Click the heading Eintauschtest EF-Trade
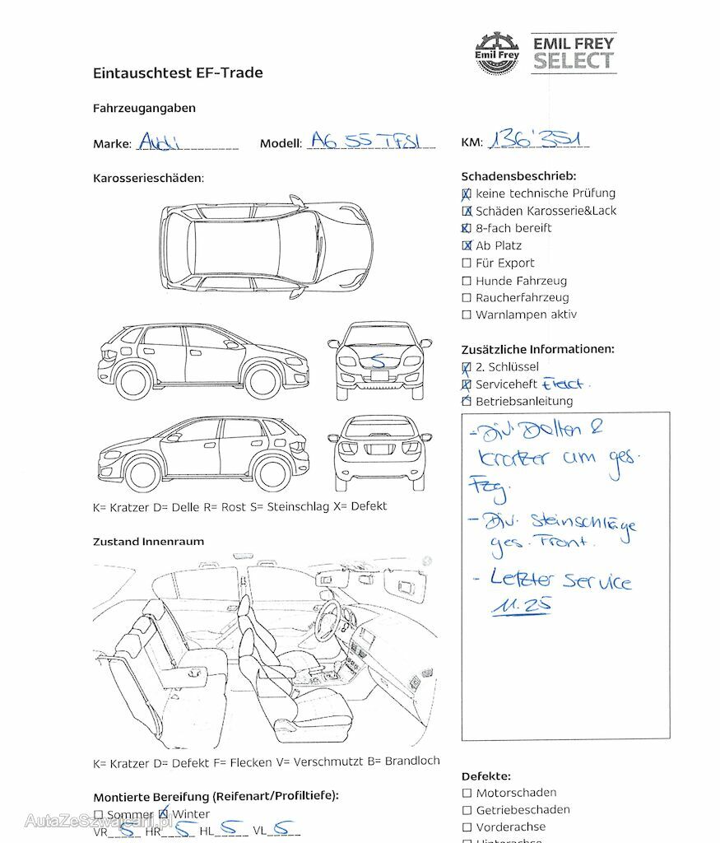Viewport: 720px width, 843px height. point(178,72)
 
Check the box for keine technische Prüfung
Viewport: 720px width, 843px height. point(467,194)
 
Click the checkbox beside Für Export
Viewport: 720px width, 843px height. point(467,263)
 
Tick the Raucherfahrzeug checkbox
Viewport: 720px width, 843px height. point(467,298)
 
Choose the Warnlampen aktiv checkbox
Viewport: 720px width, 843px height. point(467,315)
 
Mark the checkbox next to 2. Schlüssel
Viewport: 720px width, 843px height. point(467,367)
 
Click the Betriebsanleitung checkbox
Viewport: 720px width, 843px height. point(467,402)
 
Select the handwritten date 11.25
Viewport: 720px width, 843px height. point(522,606)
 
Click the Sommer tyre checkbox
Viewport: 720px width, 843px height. point(99,815)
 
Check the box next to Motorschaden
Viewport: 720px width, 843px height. point(467,793)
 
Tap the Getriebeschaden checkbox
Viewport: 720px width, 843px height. point(467,810)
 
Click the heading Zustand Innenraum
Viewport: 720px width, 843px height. point(148,542)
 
